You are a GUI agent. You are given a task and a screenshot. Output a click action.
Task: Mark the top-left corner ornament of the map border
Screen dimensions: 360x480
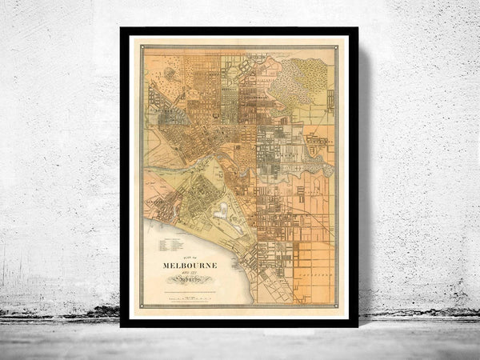145,48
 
